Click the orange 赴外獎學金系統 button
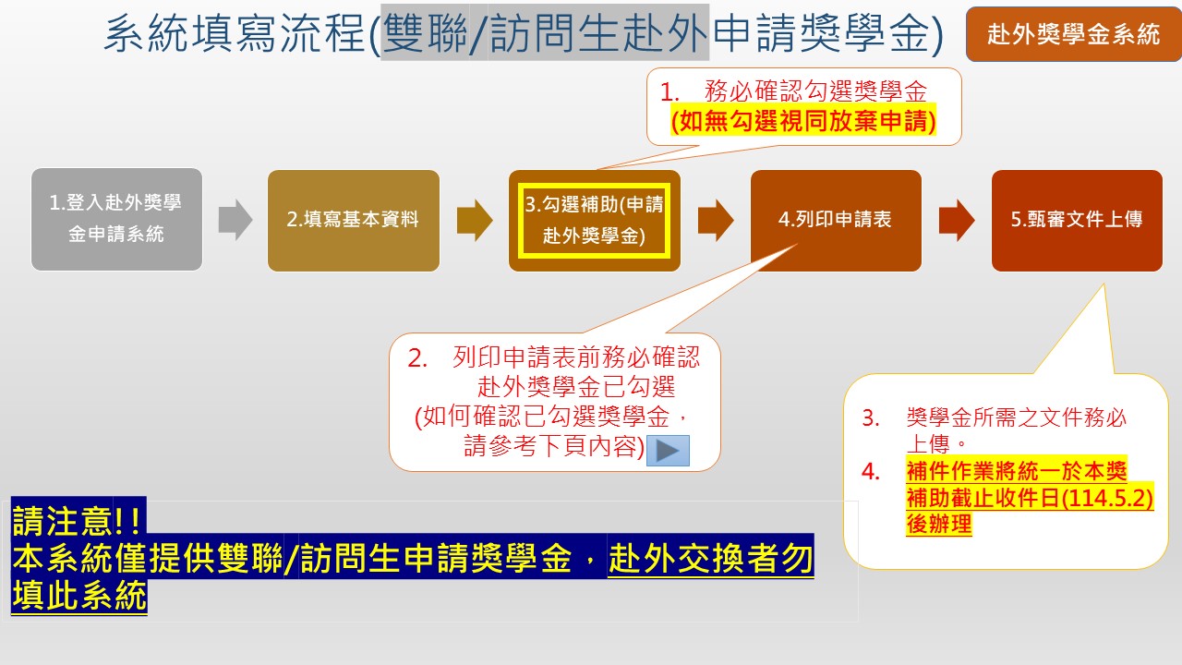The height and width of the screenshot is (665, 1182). pyautogui.click(x=1074, y=34)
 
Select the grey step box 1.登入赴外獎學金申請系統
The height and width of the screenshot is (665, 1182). pyautogui.click(x=116, y=220)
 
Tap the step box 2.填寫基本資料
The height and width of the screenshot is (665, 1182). pyautogui.click(x=354, y=221)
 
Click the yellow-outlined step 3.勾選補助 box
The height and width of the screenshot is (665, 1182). pyautogui.click(x=594, y=221)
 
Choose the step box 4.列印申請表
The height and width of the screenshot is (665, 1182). pyautogui.click(x=836, y=221)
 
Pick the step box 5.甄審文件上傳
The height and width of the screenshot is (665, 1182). pyautogui.click(x=1077, y=221)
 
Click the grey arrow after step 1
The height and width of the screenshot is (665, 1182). pyautogui.click(x=235, y=220)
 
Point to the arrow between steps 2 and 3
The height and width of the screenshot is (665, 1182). pyautogui.click(x=475, y=220)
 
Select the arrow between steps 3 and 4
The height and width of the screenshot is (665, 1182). pyautogui.click(x=716, y=220)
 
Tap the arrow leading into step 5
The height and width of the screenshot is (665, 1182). pyautogui.click(x=957, y=220)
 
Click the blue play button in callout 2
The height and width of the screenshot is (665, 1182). pyautogui.click(x=668, y=451)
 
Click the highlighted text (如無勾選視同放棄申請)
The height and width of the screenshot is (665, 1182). pyautogui.click(x=803, y=121)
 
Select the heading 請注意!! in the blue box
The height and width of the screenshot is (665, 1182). pyautogui.click(x=78, y=520)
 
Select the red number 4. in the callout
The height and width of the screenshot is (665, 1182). pyautogui.click(x=871, y=471)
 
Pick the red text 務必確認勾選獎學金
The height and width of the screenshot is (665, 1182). pyautogui.click(x=815, y=91)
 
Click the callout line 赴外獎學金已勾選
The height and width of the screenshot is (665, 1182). pyautogui.click(x=576, y=387)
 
